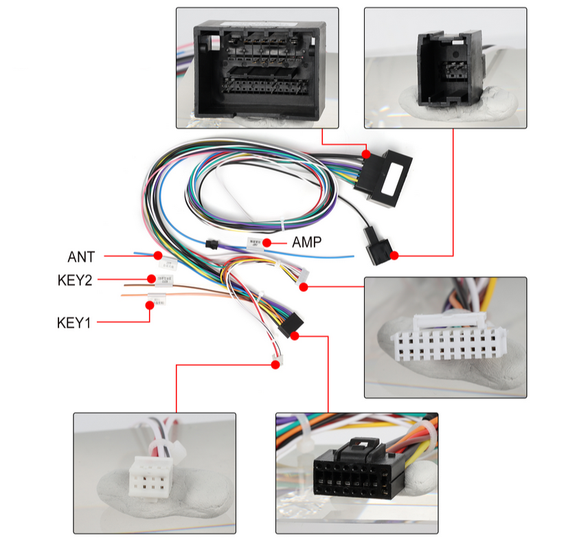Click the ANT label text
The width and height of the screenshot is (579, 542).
tap(81, 257)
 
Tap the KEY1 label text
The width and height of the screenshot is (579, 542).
tap(73, 321)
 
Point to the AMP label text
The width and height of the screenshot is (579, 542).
tap(307, 242)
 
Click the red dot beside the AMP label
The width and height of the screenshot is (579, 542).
tap(275, 243)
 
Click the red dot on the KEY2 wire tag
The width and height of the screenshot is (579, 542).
tap(151, 278)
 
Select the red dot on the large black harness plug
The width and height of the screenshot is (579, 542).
tap(367, 155)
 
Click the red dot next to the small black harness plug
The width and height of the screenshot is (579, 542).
tap(394, 256)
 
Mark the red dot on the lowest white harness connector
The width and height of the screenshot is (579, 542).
tap(275, 365)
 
